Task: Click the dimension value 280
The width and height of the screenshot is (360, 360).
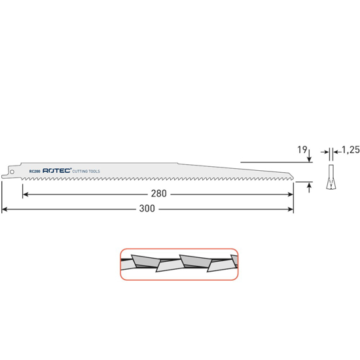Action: pos(158,194)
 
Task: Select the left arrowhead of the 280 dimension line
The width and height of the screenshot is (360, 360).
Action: pos(25,194)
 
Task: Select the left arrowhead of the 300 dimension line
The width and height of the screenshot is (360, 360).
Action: pos(5,209)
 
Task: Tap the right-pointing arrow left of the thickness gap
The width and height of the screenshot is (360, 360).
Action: pos(325,152)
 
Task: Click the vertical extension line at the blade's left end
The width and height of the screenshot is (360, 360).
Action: pos(2,196)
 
